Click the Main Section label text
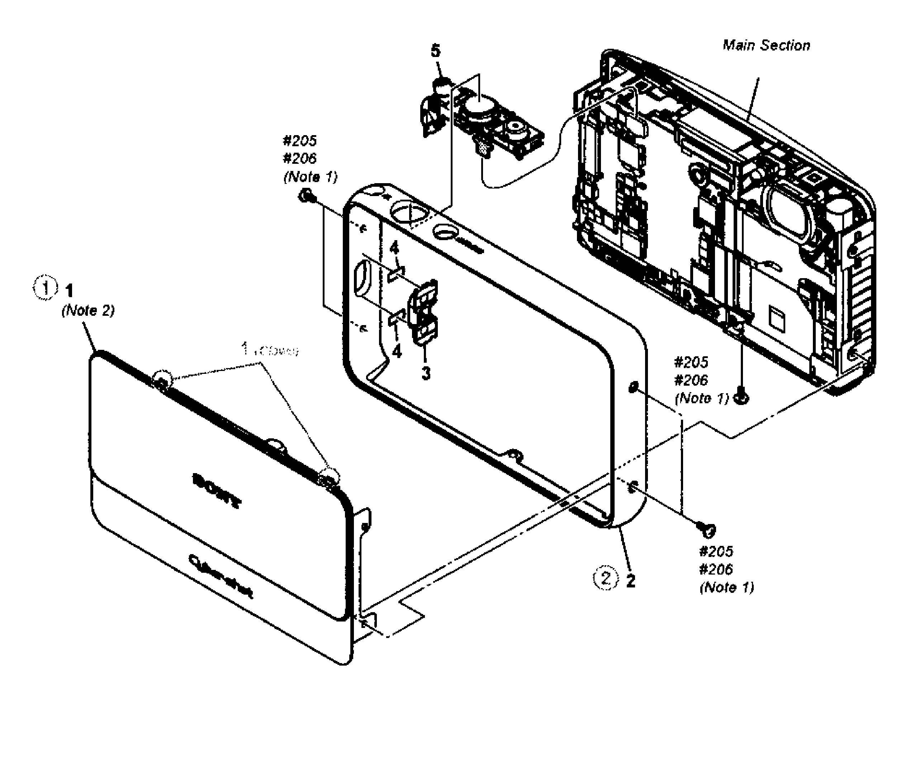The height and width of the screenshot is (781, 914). (x=766, y=46)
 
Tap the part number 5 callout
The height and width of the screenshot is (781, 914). (x=435, y=51)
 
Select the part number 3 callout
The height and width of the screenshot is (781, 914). (x=425, y=373)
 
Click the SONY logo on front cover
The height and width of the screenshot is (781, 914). (x=217, y=490)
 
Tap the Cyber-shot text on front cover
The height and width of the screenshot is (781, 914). (x=221, y=576)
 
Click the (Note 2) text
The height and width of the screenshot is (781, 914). (x=88, y=310)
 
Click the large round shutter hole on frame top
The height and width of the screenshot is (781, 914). (x=410, y=212)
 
